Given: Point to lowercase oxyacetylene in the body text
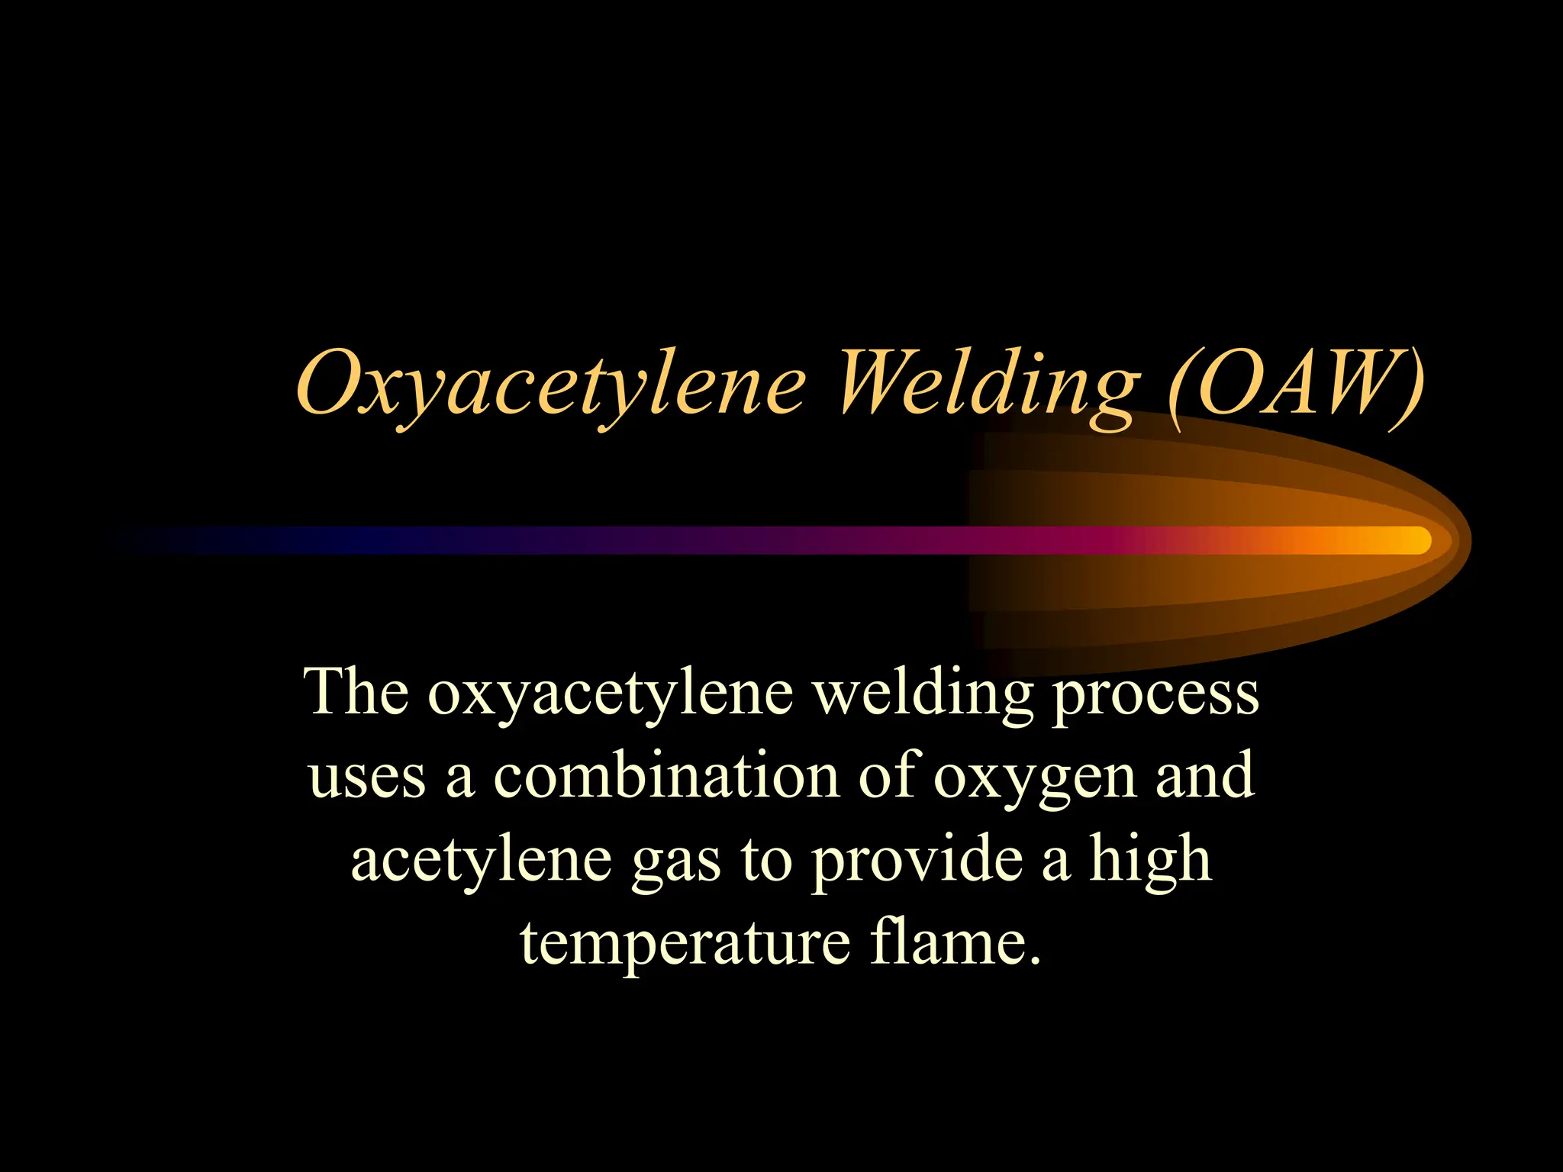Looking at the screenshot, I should pyautogui.click(x=610, y=696).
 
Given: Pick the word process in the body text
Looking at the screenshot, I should pyautogui.click(x=1155, y=696).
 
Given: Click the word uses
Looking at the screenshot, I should pyautogui.click(x=366, y=778).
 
